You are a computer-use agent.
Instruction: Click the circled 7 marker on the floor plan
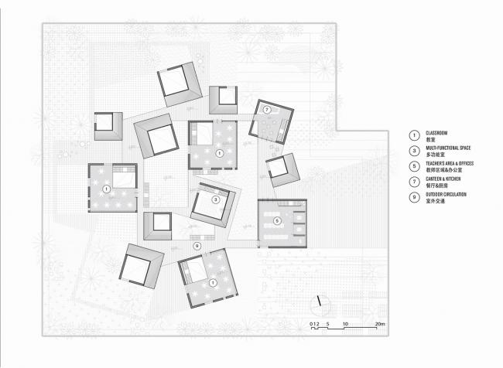pyautogui.click(x=267, y=111)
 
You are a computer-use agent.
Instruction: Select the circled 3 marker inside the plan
pyautogui.click(x=216, y=199)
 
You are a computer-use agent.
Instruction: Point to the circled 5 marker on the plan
pyautogui.click(x=276, y=221)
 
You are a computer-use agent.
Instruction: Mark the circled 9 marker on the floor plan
pyautogui.click(x=197, y=246)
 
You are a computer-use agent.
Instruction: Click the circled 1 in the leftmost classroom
pyautogui.click(x=106, y=188)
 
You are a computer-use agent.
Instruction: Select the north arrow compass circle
pyautogui.click(x=320, y=302)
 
